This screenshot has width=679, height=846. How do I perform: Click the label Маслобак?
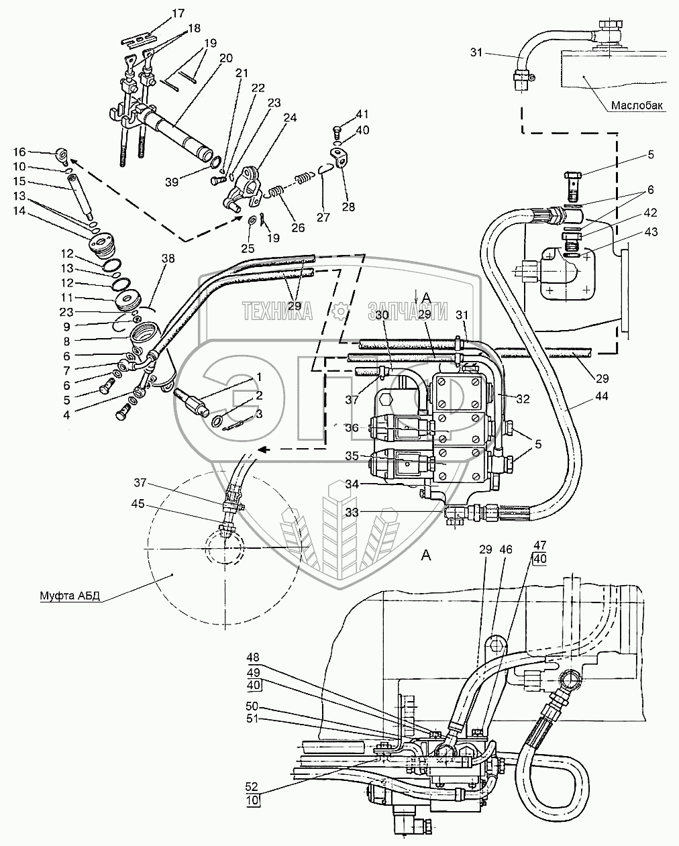tap(637, 105)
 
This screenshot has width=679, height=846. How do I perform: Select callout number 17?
tap(178, 13)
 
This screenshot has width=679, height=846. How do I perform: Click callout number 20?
tap(226, 58)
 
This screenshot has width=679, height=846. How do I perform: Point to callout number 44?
tap(601, 397)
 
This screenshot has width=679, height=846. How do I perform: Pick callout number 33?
tap(352, 513)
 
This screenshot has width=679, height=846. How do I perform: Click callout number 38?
tap(168, 259)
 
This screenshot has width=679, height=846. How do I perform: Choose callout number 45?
tap(138, 504)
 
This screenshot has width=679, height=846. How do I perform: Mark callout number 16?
tap(19, 152)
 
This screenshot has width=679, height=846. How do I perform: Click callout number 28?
tap(348, 207)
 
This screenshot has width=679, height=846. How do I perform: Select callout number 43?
tap(651, 232)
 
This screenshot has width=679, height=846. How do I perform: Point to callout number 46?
tap(506, 549)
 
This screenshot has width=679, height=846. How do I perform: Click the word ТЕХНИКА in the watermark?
tap(277, 312)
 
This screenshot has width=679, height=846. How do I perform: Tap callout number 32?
tap(523, 399)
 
